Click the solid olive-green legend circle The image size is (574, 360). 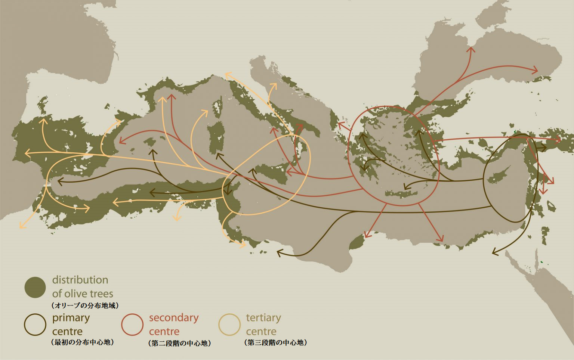point(35,287)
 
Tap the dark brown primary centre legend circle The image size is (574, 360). point(35,325)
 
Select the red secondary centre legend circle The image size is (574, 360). point(132,325)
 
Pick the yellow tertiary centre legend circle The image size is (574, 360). point(229,325)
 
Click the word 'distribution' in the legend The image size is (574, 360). point(80,280)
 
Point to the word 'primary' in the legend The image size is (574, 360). point(71,318)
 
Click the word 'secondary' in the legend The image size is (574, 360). point(174,318)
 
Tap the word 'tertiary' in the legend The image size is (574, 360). point(263,318)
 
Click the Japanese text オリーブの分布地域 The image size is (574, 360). point(85,305)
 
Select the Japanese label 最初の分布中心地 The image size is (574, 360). point(82,342)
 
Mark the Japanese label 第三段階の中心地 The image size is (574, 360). point(276,342)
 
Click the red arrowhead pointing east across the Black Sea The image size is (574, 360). point(536,70)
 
